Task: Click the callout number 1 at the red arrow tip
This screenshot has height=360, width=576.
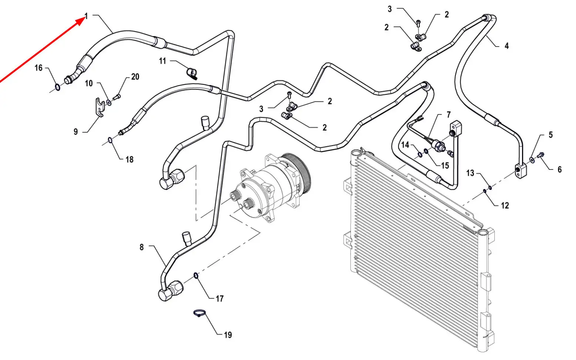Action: tap(87, 16)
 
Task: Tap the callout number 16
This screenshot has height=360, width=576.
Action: tap(38, 68)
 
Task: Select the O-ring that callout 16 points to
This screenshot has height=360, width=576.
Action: tap(58, 87)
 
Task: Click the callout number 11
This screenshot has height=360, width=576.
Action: tap(163, 61)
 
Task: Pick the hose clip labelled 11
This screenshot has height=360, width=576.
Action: tap(192, 73)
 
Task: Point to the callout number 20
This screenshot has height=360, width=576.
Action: tap(135, 77)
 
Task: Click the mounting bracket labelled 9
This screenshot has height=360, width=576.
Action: tap(99, 107)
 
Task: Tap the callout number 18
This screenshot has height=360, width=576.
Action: tap(130, 159)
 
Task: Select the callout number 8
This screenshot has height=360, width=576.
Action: tap(142, 247)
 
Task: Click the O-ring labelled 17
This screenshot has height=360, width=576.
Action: tap(196, 276)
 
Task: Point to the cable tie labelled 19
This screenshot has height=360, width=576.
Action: tap(200, 313)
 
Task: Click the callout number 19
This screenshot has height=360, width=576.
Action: tap(228, 335)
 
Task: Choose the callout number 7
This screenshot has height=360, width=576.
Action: tap(449, 114)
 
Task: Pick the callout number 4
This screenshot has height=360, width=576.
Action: tap(506, 46)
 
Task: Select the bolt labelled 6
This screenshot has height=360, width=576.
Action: tap(541, 155)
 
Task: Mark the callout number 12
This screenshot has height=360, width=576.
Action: tap(505, 205)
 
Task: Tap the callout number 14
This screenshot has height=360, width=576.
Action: tap(405, 145)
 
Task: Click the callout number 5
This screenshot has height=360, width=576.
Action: tap(550, 135)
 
